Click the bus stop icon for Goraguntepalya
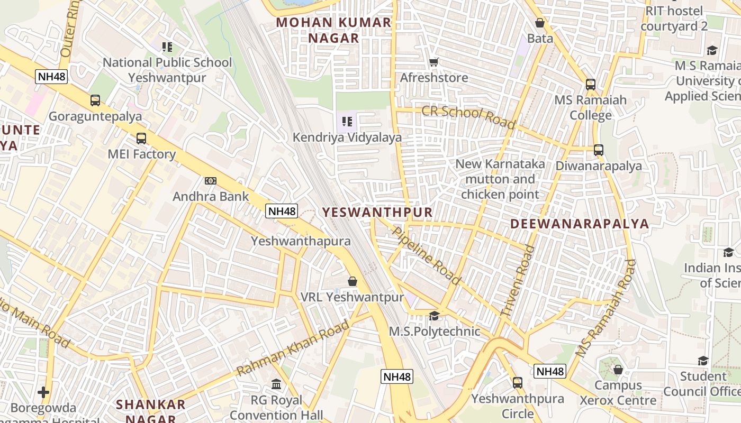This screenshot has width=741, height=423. (x=95, y=100)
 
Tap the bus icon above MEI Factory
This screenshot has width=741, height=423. (x=141, y=139)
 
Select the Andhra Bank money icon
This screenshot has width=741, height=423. (x=211, y=181)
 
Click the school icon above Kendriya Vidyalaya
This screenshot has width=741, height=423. (x=347, y=122)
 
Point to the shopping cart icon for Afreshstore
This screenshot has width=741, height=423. (x=434, y=62)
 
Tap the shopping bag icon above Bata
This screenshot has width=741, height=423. (x=540, y=23)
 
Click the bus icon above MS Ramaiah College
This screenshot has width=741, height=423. (x=590, y=84)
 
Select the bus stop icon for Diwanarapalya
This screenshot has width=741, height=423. (x=599, y=150)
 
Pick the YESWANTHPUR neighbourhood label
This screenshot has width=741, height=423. (x=377, y=213)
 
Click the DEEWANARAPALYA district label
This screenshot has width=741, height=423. (x=580, y=224)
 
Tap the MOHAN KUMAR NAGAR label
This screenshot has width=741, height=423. (x=333, y=30)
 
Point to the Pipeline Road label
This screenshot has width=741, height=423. (x=427, y=255)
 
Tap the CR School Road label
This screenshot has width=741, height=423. (x=468, y=117)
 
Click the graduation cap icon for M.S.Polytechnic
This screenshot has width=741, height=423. (x=434, y=316)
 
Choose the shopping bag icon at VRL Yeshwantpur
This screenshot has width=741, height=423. (x=353, y=281)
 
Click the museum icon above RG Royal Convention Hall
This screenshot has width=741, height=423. (x=276, y=384)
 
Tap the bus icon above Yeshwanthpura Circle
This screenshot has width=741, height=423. (x=518, y=382)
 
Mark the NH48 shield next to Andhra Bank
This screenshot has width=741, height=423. (x=282, y=211)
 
